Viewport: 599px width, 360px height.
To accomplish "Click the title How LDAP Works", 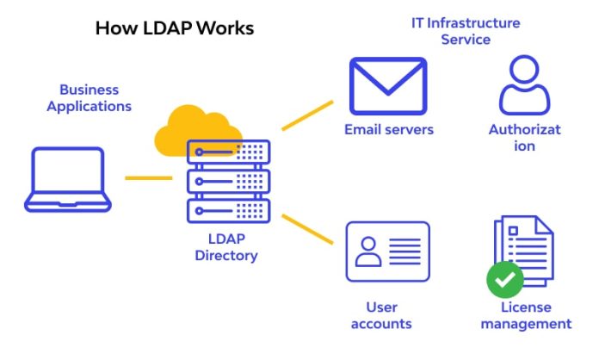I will click(x=175, y=28).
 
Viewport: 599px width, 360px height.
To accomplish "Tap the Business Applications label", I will click(x=89, y=98).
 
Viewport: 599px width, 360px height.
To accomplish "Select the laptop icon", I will click(x=67, y=180).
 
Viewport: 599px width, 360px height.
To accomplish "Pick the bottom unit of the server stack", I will click(x=228, y=210).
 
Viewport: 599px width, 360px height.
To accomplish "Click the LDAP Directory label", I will click(x=226, y=247).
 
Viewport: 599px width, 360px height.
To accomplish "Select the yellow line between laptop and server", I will click(x=148, y=178).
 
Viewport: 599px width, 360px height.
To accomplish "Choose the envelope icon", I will click(x=388, y=86).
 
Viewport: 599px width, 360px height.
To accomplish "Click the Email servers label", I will click(x=389, y=130).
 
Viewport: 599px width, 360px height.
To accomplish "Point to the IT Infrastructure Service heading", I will click(x=466, y=31).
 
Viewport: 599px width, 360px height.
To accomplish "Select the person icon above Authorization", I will click(x=524, y=84).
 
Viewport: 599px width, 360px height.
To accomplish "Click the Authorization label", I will click(x=524, y=138).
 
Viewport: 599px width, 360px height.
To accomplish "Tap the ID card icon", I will click(x=387, y=251).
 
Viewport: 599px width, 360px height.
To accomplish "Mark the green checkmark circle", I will click(x=504, y=280).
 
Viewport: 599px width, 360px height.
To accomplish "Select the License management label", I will click(x=526, y=315).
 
